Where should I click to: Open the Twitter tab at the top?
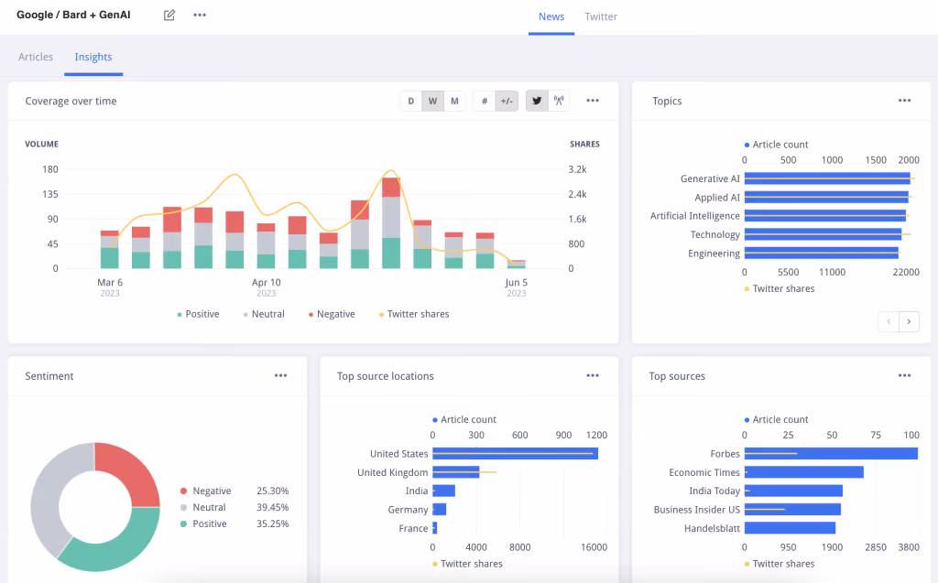(x=601, y=16)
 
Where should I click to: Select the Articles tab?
(x=36, y=57)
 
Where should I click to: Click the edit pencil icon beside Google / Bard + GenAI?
(x=169, y=15)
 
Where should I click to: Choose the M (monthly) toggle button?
(x=454, y=101)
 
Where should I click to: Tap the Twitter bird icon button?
(x=537, y=101)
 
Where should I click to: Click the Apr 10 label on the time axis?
(x=267, y=282)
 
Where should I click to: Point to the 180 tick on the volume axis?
(x=50, y=169)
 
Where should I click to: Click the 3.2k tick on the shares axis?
(x=577, y=169)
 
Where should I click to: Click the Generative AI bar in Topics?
(x=827, y=178)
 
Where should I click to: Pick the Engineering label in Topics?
(x=714, y=254)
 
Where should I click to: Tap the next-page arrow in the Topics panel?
(x=909, y=321)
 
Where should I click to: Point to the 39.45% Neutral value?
(x=273, y=507)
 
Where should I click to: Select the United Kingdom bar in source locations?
(x=456, y=471)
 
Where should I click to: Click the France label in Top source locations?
(x=413, y=529)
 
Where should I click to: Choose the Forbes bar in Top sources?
(x=831, y=454)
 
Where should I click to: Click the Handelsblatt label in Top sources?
(x=712, y=529)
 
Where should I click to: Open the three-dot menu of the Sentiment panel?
(x=280, y=375)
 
